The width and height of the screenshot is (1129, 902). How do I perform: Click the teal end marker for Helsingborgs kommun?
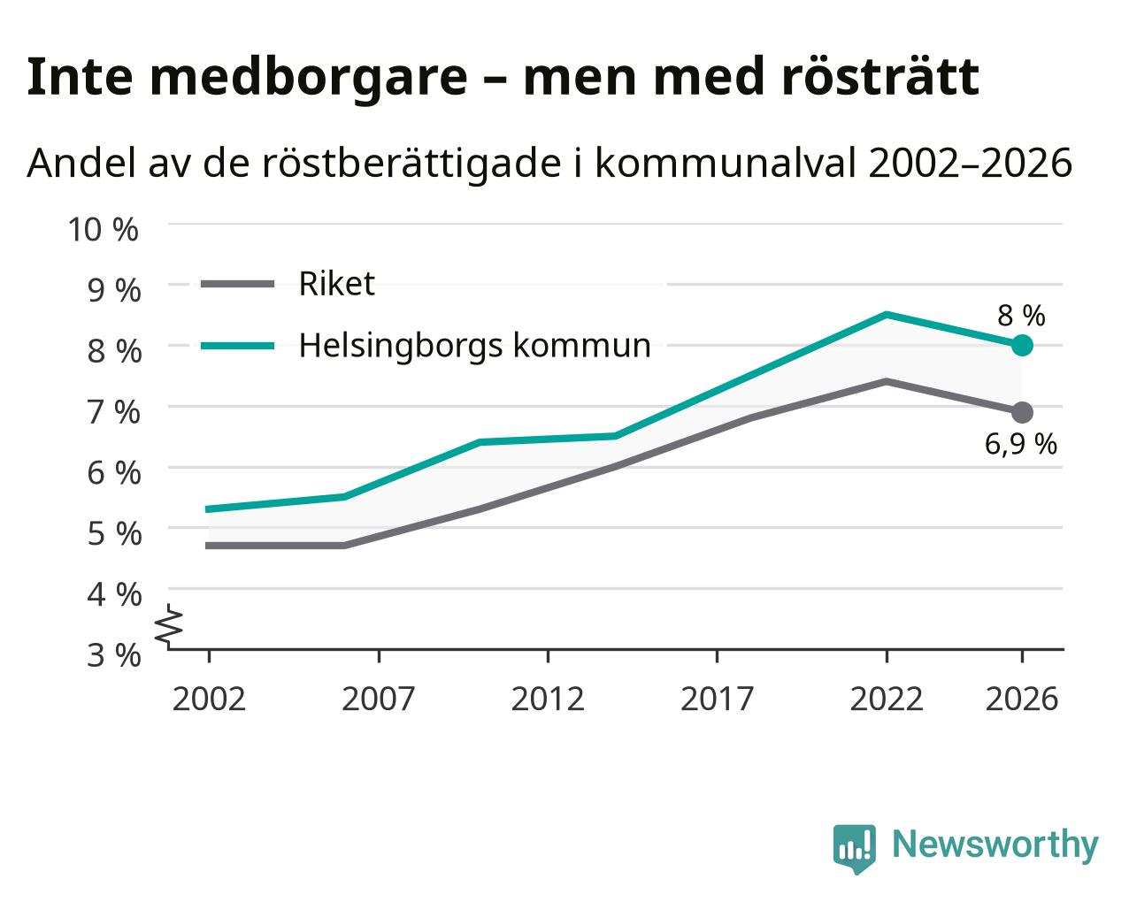coord(1022,345)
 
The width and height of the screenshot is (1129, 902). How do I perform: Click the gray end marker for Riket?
coord(1022,412)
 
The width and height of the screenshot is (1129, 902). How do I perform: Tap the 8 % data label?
coord(1021,316)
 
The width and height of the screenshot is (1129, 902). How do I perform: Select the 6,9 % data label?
coord(1020,444)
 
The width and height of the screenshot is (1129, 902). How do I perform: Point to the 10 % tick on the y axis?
coord(104,230)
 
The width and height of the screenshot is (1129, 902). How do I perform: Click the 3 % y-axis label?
coord(114,655)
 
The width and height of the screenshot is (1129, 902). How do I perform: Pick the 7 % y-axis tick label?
coord(114,412)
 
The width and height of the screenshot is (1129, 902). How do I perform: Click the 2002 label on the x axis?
coord(209,699)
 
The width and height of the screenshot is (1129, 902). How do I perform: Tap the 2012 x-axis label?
coord(548,699)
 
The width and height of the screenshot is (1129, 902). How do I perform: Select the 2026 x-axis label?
coord(1022,699)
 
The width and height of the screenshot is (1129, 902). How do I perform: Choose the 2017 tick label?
coord(718,699)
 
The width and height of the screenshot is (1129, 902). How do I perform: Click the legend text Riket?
coord(337,284)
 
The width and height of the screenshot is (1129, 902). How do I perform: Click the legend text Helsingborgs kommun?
coord(475,346)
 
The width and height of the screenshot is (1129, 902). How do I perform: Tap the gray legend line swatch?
coord(238,284)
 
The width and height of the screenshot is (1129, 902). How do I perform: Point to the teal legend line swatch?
coord(238,346)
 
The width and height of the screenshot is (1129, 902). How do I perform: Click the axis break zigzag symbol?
coord(169,624)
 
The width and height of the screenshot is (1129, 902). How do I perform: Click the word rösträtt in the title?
coord(879,77)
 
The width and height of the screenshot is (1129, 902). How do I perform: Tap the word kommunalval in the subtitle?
coord(726,163)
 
